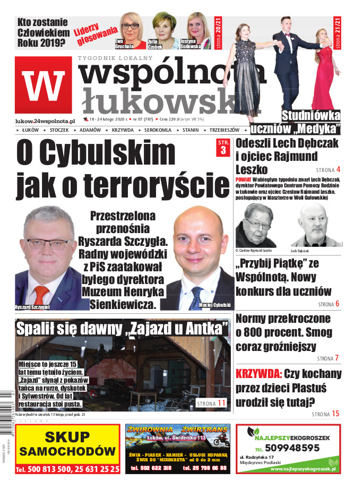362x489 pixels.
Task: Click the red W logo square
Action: click(43, 85)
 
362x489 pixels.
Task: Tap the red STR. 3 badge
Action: click(222, 148)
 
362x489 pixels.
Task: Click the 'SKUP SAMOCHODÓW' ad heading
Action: click(67, 444)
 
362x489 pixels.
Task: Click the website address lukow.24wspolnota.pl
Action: click(45, 121)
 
